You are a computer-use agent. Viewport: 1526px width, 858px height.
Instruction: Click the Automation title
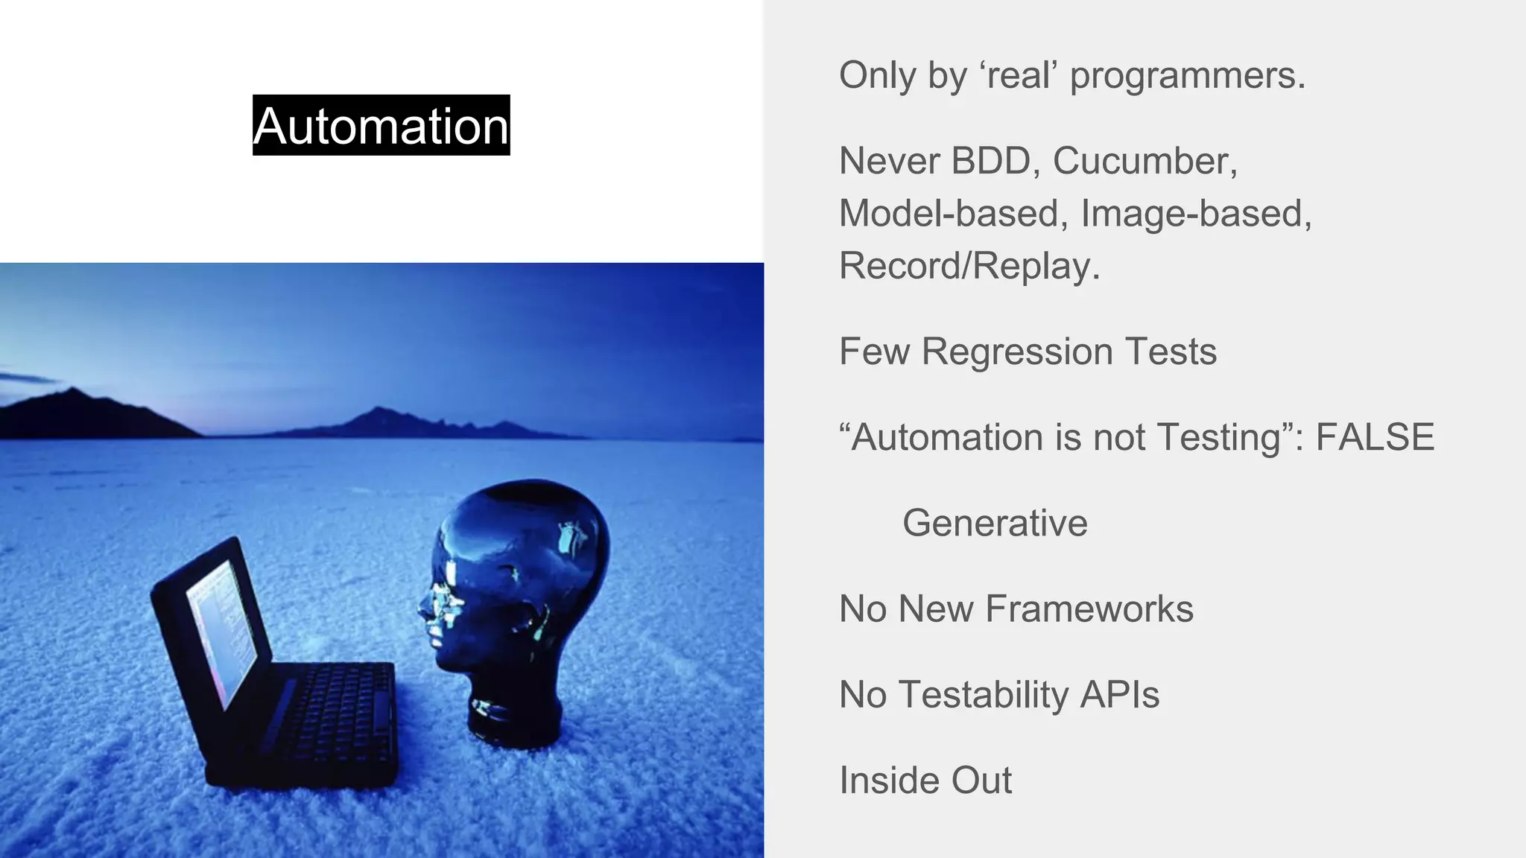pos(381,125)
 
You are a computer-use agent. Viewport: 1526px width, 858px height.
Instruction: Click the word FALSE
pos(1375,437)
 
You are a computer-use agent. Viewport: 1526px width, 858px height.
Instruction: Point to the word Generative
pos(995,523)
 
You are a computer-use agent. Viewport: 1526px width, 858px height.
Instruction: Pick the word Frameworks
pos(1089,608)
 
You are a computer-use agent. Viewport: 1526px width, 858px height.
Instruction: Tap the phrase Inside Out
pos(925,781)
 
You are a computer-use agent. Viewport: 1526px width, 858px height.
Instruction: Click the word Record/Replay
pos(969,266)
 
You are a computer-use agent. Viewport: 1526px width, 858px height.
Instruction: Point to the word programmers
pos(1188,75)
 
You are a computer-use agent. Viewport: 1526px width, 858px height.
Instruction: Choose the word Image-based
pos(1196,214)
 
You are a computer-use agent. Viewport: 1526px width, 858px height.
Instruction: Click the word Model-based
pos(949,214)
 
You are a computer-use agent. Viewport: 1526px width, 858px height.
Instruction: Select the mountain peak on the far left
pos(71,390)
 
